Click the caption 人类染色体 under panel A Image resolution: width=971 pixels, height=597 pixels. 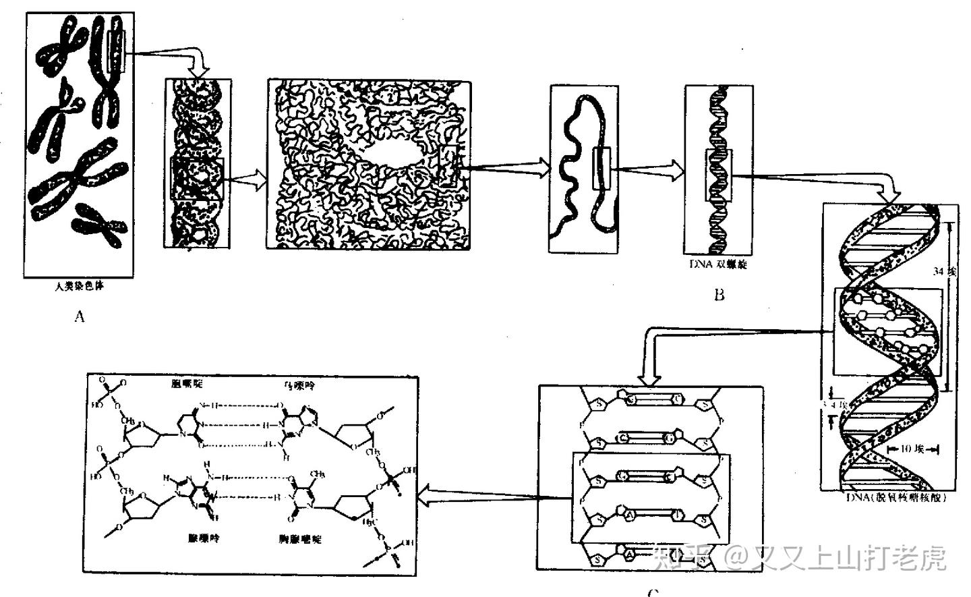pyautogui.click(x=80, y=286)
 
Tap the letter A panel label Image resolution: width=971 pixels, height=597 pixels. pyautogui.click(x=80, y=316)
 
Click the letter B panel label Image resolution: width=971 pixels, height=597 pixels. pyautogui.click(x=719, y=295)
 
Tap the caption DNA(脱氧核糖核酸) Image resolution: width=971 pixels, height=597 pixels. pyautogui.click(x=897, y=498)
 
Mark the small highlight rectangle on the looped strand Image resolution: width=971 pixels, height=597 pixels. pyautogui.click(x=601, y=169)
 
